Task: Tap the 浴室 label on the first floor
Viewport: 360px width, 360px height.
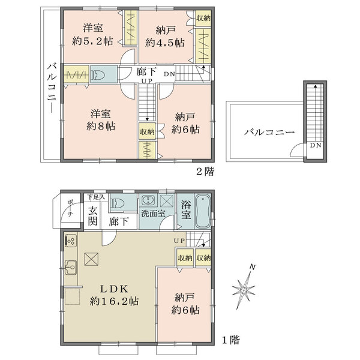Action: point(186,210)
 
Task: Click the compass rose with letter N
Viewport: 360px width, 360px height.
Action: point(244,289)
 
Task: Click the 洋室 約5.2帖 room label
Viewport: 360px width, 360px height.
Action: point(94,34)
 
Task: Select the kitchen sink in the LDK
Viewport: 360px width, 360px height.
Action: point(69,265)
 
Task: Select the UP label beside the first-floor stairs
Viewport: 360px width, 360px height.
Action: point(179,241)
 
